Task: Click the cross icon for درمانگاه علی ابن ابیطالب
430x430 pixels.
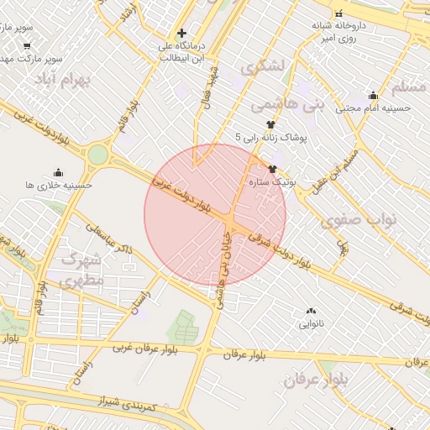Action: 181,33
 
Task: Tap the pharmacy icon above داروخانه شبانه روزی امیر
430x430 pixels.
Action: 338,13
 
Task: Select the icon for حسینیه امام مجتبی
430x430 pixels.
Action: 373,95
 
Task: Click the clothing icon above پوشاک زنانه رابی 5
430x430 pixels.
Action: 270,123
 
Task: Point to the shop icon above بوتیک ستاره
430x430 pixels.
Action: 272,169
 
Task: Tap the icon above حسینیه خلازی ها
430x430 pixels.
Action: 58,172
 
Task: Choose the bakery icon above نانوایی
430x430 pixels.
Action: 311,311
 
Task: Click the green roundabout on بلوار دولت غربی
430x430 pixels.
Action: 98,155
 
